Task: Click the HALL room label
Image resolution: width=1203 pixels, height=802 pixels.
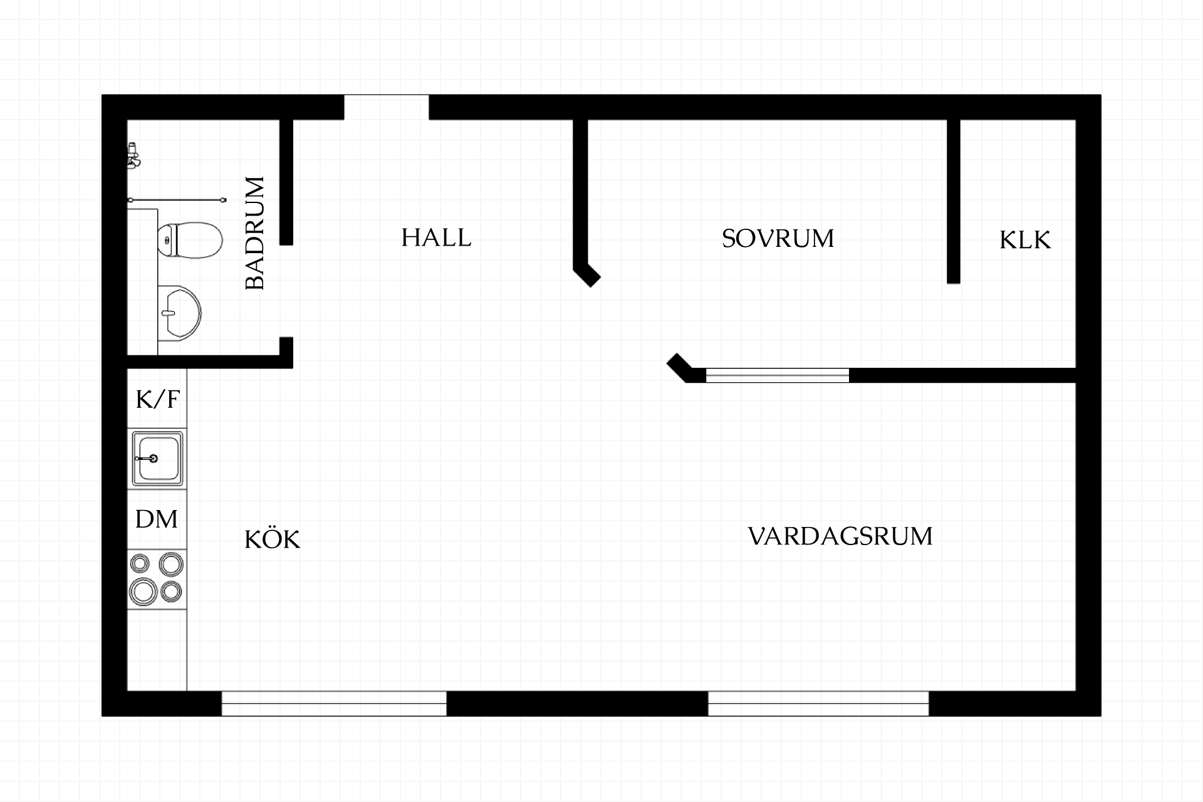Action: click(x=436, y=238)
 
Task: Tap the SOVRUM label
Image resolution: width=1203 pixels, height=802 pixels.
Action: click(x=778, y=239)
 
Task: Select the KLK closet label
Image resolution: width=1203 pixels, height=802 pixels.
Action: click(x=1025, y=241)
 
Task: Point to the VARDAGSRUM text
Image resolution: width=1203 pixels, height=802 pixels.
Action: click(x=840, y=536)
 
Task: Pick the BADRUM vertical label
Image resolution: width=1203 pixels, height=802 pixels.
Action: click(x=255, y=233)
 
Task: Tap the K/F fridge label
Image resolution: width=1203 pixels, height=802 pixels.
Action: click(x=158, y=399)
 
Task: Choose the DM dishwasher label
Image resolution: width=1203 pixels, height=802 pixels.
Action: click(x=157, y=519)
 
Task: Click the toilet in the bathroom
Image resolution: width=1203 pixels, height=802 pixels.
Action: click(x=190, y=239)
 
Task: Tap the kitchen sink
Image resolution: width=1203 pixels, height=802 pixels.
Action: click(x=157, y=459)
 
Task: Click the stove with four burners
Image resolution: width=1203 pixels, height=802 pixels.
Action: click(x=157, y=579)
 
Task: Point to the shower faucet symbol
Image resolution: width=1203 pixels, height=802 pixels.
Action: click(x=133, y=155)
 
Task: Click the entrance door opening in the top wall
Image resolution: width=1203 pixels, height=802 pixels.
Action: click(x=387, y=107)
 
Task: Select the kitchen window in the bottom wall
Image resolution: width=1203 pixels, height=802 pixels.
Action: click(x=334, y=704)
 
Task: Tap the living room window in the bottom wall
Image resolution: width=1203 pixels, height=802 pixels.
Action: click(x=818, y=704)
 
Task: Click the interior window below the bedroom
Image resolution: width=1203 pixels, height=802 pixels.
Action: click(x=778, y=375)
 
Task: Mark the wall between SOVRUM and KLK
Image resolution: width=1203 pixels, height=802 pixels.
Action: click(x=954, y=201)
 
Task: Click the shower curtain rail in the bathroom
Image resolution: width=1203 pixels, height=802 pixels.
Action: click(x=177, y=200)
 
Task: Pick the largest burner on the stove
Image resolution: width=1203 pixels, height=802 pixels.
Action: click(x=143, y=590)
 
